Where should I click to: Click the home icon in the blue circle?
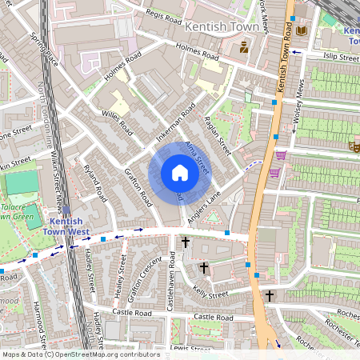pyautogui.click(x=180, y=173)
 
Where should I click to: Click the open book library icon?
pyautogui.click(x=301, y=30)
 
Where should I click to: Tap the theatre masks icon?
pyautogui.click(x=353, y=146)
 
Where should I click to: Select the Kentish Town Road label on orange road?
pyautogui.click(x=282, y=68)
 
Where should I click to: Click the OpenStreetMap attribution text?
pyautogui.click(x=80, y=354)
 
